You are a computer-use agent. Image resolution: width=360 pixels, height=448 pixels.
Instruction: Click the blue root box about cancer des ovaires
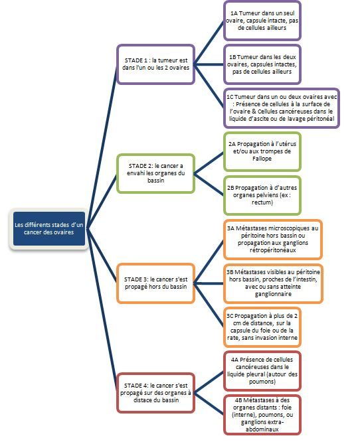(x=49, y=228)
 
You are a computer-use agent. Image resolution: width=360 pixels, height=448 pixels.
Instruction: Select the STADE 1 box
(x=156, y=64)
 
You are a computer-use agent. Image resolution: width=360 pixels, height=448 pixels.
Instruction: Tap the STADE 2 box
(x=156, y=173)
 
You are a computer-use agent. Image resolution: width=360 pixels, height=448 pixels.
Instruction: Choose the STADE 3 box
(x=156, y=283)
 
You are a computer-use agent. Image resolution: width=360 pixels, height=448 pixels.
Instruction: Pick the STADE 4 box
(x=156, y=392)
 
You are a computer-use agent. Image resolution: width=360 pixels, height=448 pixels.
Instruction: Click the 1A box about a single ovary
(x=262, y=21)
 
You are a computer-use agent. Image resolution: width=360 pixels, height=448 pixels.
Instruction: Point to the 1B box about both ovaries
(x=262, y=64)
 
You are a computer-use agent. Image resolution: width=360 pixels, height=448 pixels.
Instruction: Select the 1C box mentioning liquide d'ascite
(x=282, y=108)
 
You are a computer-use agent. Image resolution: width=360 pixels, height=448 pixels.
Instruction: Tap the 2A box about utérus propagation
(x=262, y=151)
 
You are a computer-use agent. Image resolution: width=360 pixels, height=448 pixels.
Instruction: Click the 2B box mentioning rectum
(x=262, y=195)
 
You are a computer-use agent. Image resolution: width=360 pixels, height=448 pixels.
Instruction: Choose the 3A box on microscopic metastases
(x=273, y=240)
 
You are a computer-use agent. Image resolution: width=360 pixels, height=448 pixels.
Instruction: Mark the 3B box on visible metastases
(x=273, y=283)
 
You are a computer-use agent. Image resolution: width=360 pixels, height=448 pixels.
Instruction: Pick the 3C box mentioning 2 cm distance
(x=262, y=327)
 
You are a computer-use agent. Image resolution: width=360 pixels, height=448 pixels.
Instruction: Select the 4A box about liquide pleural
(x=262, y=371)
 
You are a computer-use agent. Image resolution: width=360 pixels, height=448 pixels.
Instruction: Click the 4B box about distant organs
(x=262, y=415)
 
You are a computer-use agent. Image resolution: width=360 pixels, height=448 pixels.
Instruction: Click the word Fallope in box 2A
(x=262, y=159)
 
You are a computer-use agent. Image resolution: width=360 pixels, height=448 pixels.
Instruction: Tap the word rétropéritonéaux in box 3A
(x=273, y=250)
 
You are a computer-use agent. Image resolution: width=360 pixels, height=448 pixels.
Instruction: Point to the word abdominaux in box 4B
(x=262, y=429)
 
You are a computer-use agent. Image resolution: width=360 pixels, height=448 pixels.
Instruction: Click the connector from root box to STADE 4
(x=102, y=311)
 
